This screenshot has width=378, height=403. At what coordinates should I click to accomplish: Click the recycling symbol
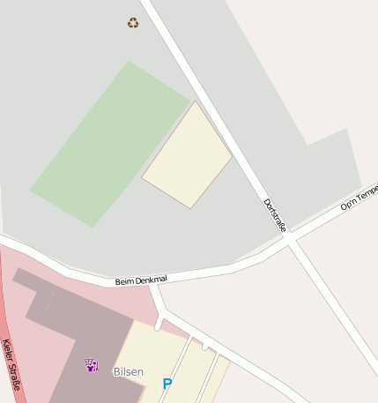click(x=133, y=23)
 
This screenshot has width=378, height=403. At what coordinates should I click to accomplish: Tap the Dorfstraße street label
click(x=275, y=215)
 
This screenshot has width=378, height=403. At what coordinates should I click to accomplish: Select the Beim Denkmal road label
click(x=141, y=280)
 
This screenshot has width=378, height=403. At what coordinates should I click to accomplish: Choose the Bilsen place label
click(x=128, y=371)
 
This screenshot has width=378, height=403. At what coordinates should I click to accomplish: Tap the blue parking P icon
click(x=167, y=384)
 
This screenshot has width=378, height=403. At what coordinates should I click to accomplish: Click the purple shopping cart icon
click(x=91, y=364)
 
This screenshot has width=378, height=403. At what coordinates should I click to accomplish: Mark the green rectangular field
click(x=110, y=144)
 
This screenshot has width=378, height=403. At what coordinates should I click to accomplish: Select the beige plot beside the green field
click(x=188, y=156)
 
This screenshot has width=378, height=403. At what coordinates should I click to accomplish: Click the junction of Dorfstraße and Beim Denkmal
click(x=289, y=240)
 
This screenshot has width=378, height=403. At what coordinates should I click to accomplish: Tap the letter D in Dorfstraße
click(x=266, y=202)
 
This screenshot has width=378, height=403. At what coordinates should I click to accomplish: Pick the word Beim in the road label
click(x=123, y=282)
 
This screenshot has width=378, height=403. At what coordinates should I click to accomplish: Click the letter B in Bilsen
click(x=116, y=371)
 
